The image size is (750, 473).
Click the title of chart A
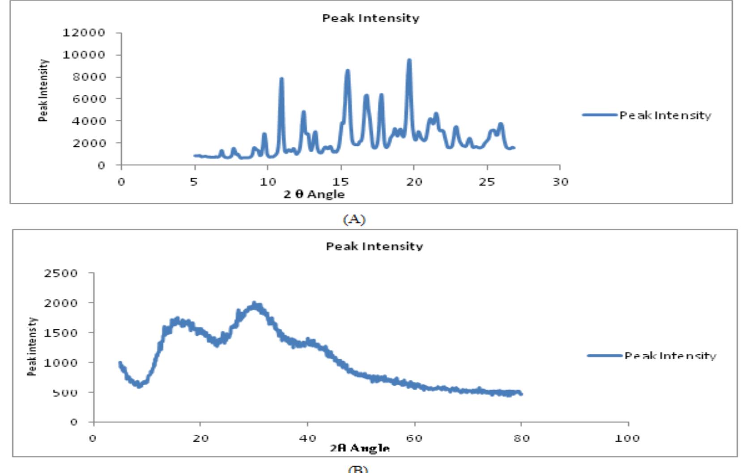371,18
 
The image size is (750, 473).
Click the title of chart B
374,246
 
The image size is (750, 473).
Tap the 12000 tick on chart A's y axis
84,33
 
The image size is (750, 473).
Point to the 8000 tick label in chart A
89,77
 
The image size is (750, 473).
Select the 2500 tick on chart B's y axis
61,273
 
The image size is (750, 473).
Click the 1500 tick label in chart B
61,332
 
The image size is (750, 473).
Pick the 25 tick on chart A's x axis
487,182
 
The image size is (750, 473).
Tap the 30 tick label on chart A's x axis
560,182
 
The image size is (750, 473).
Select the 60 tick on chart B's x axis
414,438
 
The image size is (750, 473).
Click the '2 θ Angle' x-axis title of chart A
314,194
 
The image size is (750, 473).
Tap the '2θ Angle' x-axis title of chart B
360,448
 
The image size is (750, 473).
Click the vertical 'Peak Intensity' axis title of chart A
43,90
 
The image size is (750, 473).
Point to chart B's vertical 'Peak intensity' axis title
32,347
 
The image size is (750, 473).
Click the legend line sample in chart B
605,356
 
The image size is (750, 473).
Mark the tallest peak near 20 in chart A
409,61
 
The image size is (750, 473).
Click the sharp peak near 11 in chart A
281,80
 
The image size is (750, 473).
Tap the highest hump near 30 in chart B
255,304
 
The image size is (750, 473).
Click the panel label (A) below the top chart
354,219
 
